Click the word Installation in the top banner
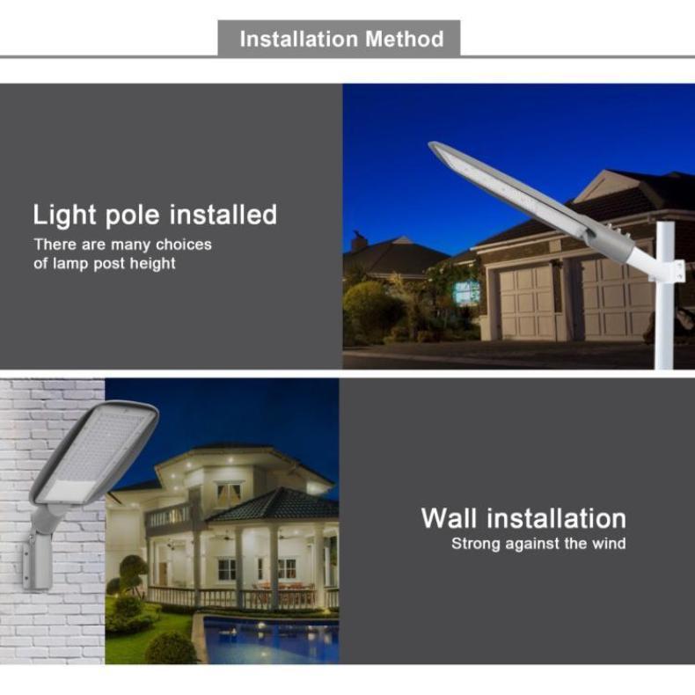pyautogui.click(x=299, y=39)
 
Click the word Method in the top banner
pyautogui.click(x=404, y=39)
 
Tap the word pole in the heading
pyautogui.click(x=132, y=216)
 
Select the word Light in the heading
pyautogui.click(x=65, y=216)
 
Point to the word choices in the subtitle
pyautogui.click(x=184, y=245)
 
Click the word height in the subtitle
pyautogui.click(x=152, y=263)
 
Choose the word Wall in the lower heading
pyautogui.click(x=449, y=517)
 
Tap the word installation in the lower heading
pyautogui.click(x=556, y=517)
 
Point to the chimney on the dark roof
pyautogui.click(x=359, y=242)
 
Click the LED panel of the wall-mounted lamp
pyautogui.click(x=94, y=455)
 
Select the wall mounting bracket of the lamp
pyautogui.click(x=38, y=560)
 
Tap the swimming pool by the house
pyautogui.click(x=270, y=640)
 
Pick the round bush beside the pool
pyautogui.click(x=171, y=647)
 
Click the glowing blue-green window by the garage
pyautogui.click(x=467, y=293)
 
